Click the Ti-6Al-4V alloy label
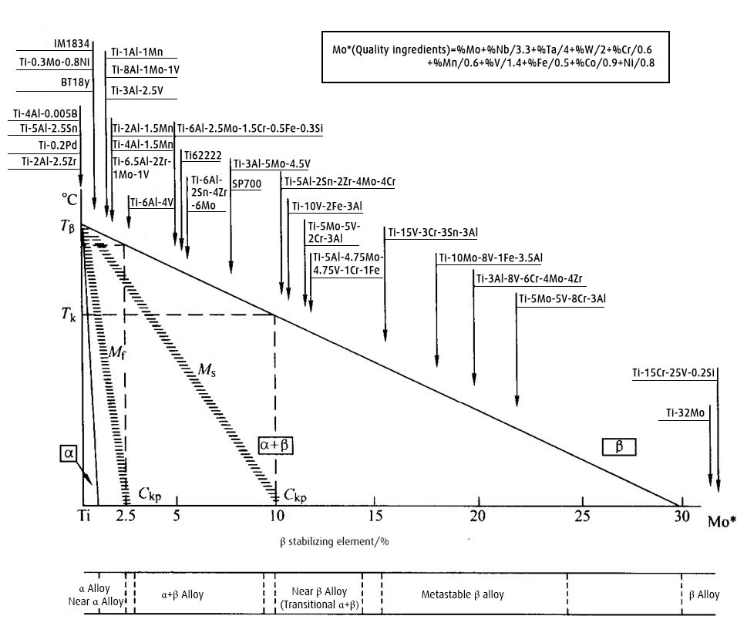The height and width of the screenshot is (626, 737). pos(152,203)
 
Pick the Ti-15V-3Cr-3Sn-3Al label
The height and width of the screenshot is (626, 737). pos(432,232)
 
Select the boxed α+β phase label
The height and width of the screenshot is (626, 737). pos(277,446)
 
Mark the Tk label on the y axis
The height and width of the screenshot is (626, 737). pos(69,315)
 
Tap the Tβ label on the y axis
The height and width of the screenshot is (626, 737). pos(69,225)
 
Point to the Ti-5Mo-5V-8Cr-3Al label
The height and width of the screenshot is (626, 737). pos(563,298)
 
